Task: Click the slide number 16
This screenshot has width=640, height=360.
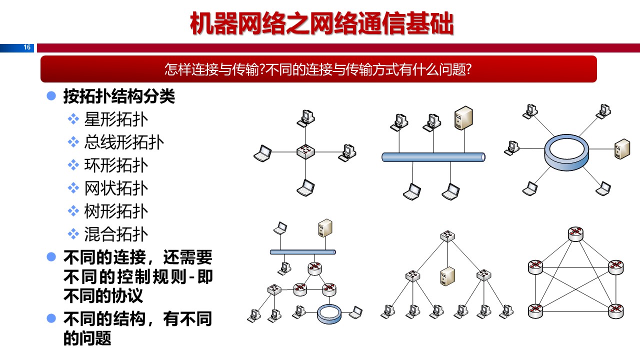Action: (x=27, y=47)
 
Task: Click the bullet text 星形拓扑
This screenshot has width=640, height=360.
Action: (x=116, y=119)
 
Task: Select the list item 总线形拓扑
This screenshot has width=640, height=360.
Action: (x=124, y=142)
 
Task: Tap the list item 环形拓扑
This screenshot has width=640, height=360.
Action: (x=116, y=165)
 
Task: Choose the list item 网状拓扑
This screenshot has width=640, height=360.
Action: (x=116, y=188)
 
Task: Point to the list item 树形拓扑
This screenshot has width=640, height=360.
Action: (x=116, y=211)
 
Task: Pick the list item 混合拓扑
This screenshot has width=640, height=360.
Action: (x=116, y=234)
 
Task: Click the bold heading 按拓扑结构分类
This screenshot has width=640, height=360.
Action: (x=119, y=96)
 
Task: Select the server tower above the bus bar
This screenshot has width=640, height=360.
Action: (x=463, y=118)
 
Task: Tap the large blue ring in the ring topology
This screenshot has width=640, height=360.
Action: (x=566, y=152)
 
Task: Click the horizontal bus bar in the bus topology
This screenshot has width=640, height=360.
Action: (x=433, y=157)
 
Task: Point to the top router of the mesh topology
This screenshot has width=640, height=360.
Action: (x=576, y=233)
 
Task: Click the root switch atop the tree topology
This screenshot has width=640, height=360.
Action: (x=447, y=235)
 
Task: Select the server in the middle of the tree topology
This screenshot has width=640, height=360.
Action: (x=446, y=276)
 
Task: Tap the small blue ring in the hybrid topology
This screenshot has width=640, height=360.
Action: (x=329, y=313)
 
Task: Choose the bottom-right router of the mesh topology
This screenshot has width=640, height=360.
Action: (x=616, y=310)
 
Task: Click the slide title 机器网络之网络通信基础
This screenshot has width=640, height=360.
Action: (x=321, y=23)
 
